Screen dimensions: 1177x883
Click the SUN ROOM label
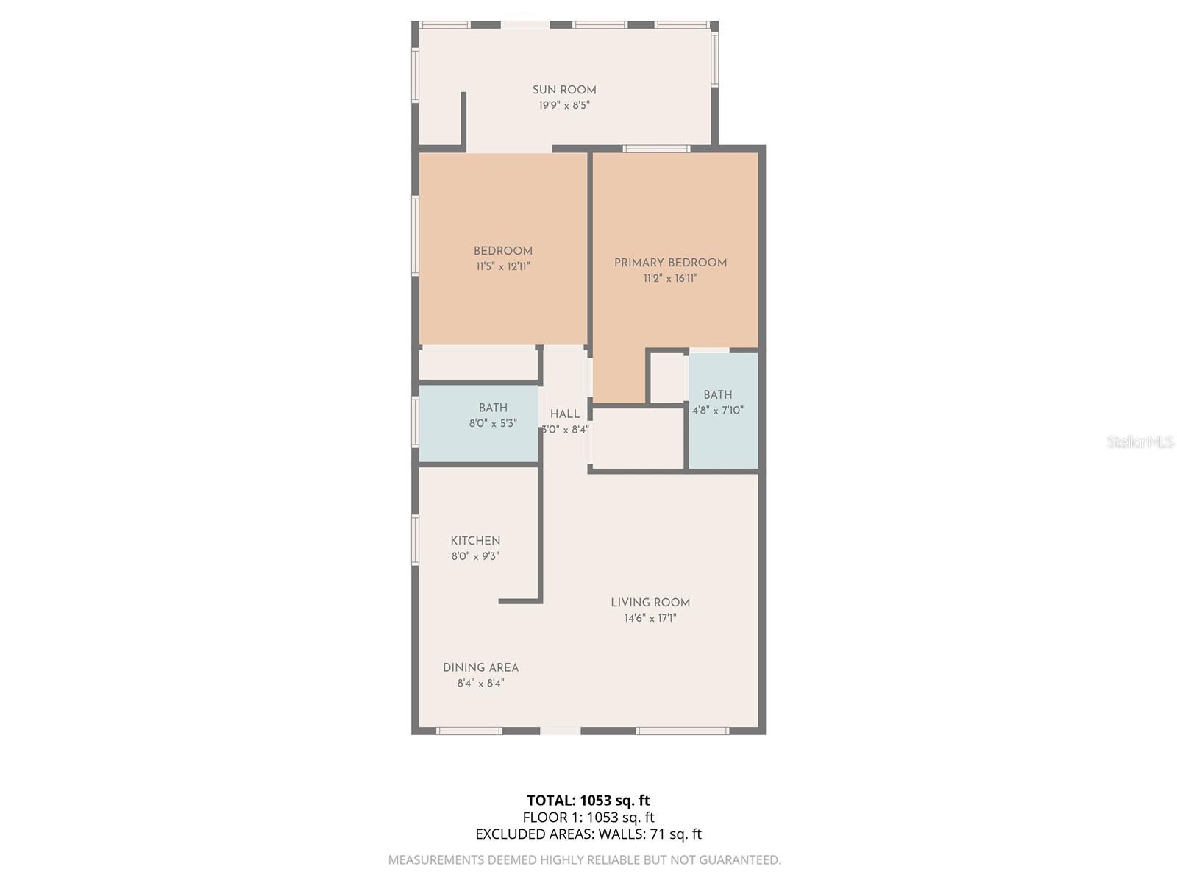pyautogui.click(x=564, y=90)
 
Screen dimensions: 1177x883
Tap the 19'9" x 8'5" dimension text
pyautogui.click(x=564, y=106)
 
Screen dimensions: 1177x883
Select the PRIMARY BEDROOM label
pyautogui.click(x=670, y=263)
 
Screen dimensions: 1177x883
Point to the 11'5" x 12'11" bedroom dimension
pyautogui.click(x=503, y=266)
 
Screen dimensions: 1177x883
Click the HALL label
pyautogui.click(x=565, y=414)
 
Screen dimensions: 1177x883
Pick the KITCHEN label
pyautogui.click(x=475, y=540)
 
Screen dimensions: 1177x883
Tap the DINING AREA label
pyautogui.click(x=480, y=667)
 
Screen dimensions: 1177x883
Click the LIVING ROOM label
pyautogui.click(x=650, y=603)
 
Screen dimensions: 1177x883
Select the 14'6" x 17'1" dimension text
pyautogui.click(x=650, y=618)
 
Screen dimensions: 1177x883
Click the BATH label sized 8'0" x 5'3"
pyautogui.click(x=493, y=408)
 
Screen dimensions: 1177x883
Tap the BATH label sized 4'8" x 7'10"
pyautogui.click(x=717, y=394)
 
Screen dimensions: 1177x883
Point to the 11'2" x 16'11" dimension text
pyautogui.click(x=670, y=278)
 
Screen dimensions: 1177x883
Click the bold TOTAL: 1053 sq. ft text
pyautogui.click(x=588, y=801)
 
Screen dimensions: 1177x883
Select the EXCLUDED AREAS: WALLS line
pyautogui.click(x=588, y=834)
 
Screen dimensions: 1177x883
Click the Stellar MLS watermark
pyautogui.click(x=1140, y=441)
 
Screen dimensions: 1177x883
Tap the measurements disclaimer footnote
pyautogui.click(x=585, y=860)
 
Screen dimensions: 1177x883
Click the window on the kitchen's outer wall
pyautogui.click(x=415, y=540)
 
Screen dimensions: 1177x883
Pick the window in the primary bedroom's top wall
pyautogui.click(x=657, y=149)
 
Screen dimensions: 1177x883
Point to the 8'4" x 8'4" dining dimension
pyautogui.click(x=480, y=683)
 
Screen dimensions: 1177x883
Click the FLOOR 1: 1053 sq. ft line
pyautogui.click(x=588, y=817)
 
